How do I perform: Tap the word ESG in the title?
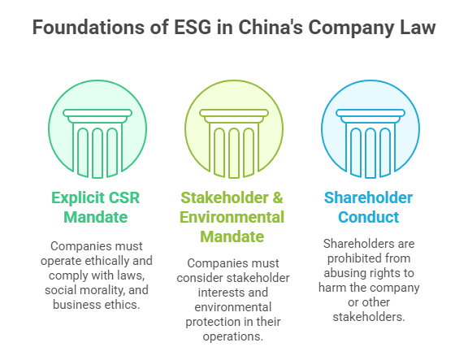(x=193, y=28)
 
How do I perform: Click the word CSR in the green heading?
(x=123, y=197)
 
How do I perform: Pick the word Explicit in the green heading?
(x=78, y=197)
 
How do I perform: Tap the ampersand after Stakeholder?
(x=278, y=197)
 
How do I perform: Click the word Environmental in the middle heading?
(x=232, y=217)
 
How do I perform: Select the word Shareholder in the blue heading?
(x=369, y=197)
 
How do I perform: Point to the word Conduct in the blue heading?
(x=369, y=217)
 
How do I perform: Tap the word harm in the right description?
(x=331, y=288)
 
